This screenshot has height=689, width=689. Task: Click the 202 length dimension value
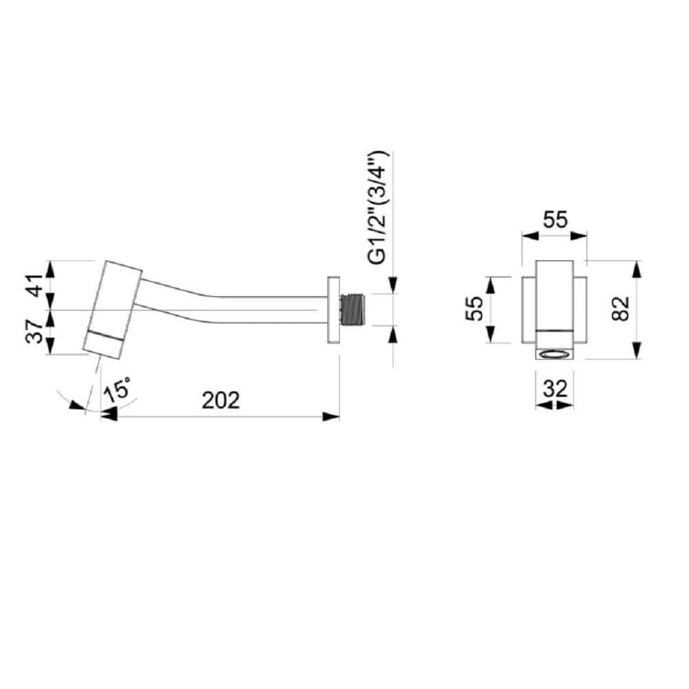pos(220,400)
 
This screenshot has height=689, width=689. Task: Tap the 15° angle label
pos(117,392)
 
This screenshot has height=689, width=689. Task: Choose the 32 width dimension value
pos(555,389)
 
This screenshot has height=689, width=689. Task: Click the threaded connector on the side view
pos(355,309)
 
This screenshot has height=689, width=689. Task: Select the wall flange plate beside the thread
pos(333,310)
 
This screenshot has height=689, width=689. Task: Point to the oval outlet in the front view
pos(555,355)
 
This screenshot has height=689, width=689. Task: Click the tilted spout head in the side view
pos(114,309)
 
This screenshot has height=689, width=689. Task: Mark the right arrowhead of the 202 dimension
pos(333,415)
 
